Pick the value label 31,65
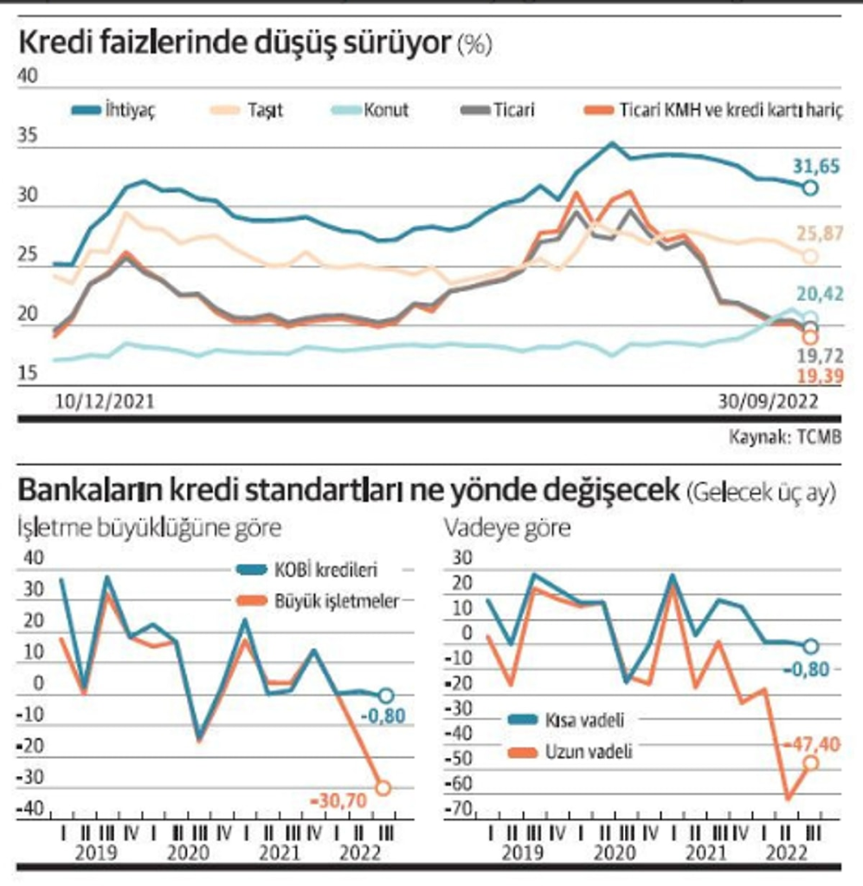pos(816,166)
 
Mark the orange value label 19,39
pos(817,375)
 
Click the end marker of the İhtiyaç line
pos(810,187)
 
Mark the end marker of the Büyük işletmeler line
pos(383,787)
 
